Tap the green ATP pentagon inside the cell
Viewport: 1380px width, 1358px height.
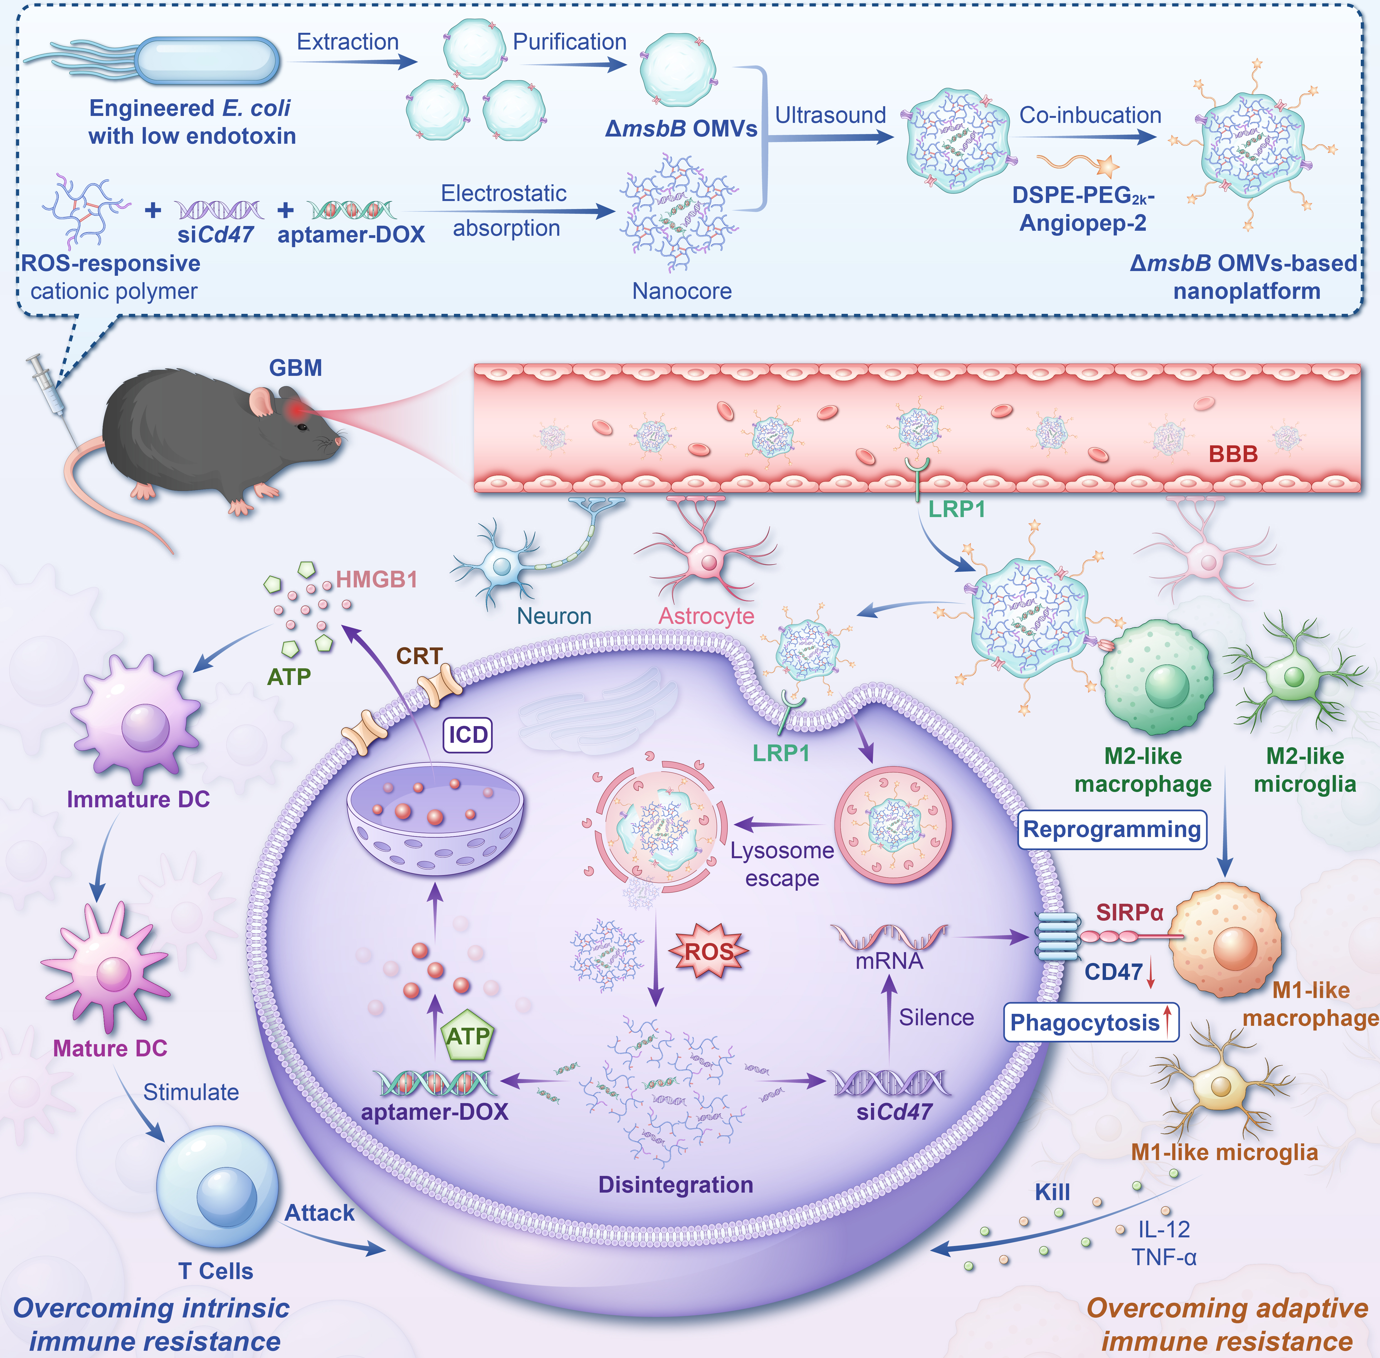[x=468, y=1036]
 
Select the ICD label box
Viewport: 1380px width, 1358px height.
[x=468, y=735]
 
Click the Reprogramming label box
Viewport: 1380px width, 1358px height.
[x=1112, y=830]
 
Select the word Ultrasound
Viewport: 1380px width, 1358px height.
[x=831, y=116]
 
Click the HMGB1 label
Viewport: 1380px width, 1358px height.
[x=376, y=580]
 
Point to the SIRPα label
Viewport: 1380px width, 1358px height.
[x=1130, y=912]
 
